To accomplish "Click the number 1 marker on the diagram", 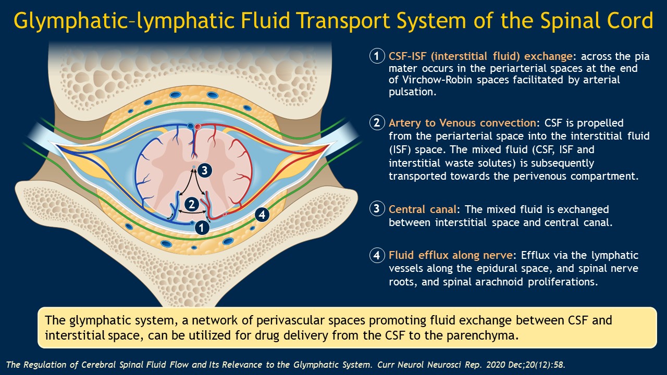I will (202, 227).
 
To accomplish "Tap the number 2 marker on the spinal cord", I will (192, 204).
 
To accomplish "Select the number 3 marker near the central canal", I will (205, 170).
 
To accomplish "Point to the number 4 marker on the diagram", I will (262, 214).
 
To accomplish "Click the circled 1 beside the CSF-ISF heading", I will (376, 56).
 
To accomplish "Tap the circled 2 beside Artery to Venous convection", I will (376, 123).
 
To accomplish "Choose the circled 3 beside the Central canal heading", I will (376, 209).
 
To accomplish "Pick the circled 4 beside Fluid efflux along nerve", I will (376, 256).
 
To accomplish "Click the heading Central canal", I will (423, 209).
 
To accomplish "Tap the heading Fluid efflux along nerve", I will (451, 256).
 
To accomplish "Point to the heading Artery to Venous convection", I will (462, 123).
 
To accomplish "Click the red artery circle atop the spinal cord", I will (198, 126).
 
